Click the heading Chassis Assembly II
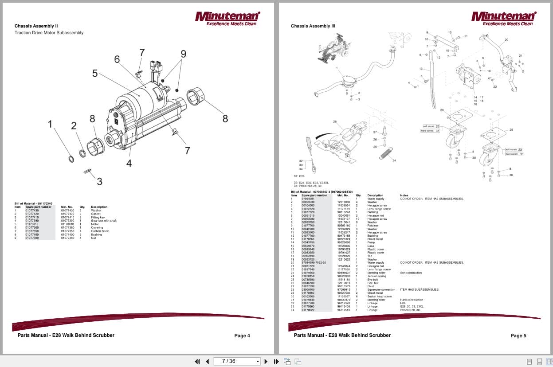[x=36, y=26]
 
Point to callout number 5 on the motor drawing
[x=95, y=73]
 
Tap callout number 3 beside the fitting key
[x=99, y=181]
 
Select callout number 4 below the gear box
[x=129, y=163]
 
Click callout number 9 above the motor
[x=183, y=54]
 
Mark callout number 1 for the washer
[x=51, y=124]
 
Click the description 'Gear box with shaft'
[x=104, y=221]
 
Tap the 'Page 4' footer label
[x=242, y=336]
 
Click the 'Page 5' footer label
[x=518, y=336]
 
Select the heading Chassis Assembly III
[x=313, y=26]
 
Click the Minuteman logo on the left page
[x=227, y=18]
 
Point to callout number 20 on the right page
[x=506, y=40]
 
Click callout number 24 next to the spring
[x=394, y=160]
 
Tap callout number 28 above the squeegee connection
[x=335, y=121]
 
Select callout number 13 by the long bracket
[x=421, y=69]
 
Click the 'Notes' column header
[x=404, y=195]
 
